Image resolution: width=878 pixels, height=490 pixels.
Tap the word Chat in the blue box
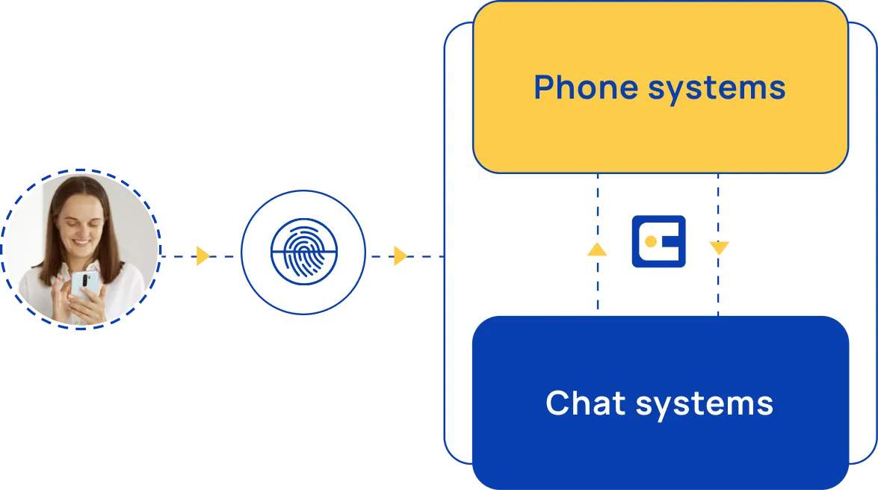(584, 403)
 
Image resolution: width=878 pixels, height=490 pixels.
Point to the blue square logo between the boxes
(658, 241)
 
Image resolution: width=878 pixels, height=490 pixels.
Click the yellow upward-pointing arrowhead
(597, 249)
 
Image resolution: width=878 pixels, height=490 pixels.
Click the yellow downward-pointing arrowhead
(718, 248)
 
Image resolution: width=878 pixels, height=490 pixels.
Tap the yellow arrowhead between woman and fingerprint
(200, 257)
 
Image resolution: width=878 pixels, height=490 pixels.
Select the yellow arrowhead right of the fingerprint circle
(399, 256)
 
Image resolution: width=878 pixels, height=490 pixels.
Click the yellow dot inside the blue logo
(650, 241)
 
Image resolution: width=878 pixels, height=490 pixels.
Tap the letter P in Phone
(543, 88)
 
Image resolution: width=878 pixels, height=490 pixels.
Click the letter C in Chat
(557, 403)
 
